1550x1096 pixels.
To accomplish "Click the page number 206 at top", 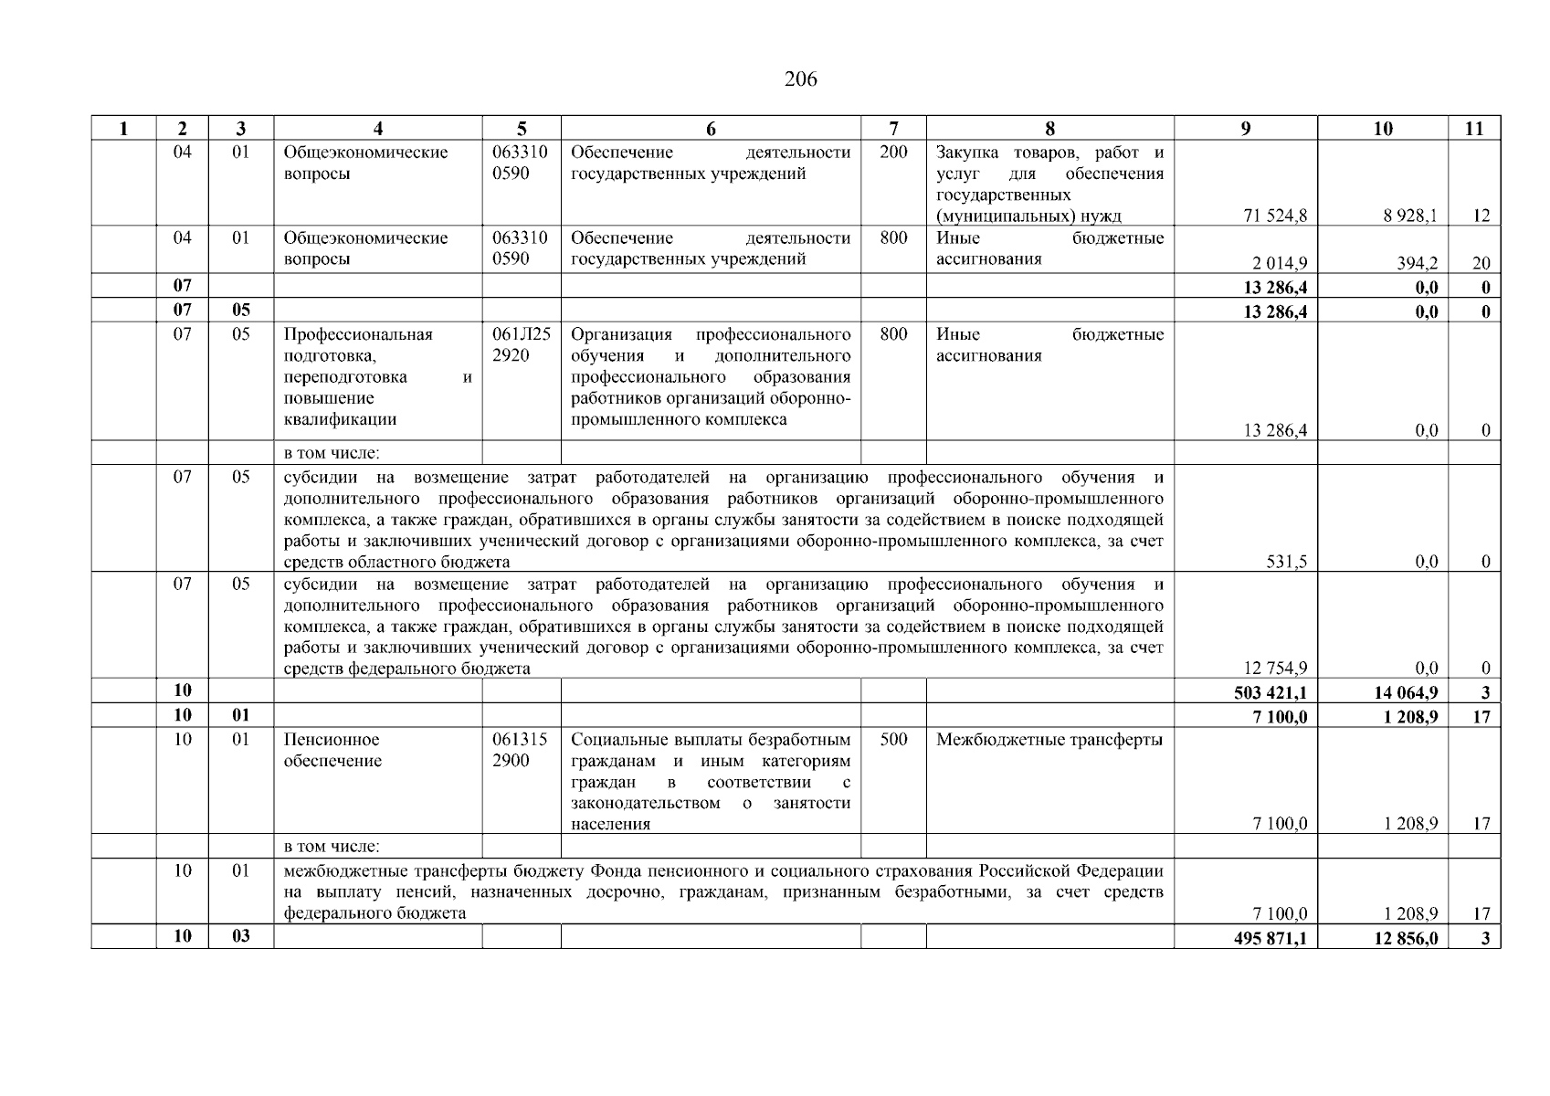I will click(800, 79).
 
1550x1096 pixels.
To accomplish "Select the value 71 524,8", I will click(1275, 216).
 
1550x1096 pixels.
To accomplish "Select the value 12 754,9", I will click(1275, 669).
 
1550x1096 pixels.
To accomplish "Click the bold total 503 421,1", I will click(1271, 693).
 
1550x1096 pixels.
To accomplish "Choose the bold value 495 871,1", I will click(1271, 938).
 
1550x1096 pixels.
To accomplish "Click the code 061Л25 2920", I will click(521, 345).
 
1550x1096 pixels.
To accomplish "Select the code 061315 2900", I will click(521, 751).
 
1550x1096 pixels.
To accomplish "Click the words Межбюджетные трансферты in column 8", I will click(1049, 741).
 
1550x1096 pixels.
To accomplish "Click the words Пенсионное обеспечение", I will click(332, 751).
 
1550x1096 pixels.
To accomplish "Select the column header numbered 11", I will click(1473, 129).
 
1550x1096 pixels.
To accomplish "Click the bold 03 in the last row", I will click(240, 937).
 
